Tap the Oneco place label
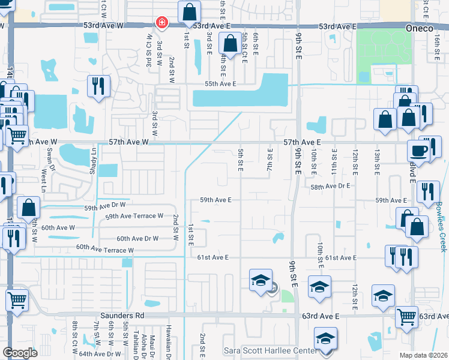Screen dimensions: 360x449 pos(432,27)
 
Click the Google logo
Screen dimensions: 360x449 pos(20,353)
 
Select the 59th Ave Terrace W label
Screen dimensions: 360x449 pos(134,216)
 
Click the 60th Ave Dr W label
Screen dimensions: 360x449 pos(137,238)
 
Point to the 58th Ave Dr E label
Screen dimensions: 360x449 pos(330,187)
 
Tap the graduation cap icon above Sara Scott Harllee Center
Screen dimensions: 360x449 pos(325,338)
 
